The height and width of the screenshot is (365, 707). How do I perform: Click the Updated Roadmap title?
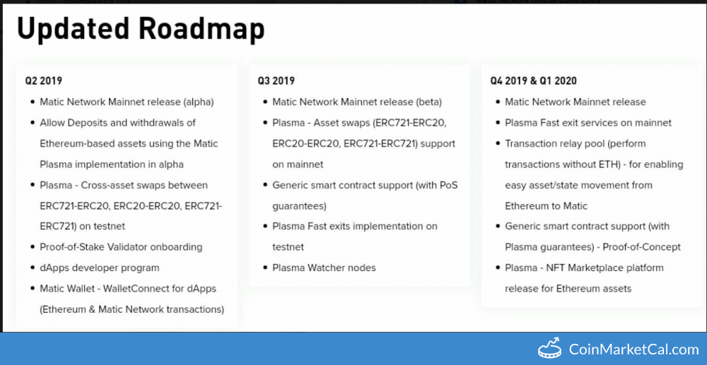point(141,30)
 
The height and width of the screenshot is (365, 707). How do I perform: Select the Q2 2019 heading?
point(44,81)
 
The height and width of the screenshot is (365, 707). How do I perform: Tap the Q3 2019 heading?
point(276,81)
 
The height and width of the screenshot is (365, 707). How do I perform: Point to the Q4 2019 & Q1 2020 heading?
point(533,81)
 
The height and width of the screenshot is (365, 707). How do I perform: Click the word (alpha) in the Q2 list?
point(199,102)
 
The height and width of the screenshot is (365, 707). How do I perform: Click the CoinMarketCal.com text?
point(633,349)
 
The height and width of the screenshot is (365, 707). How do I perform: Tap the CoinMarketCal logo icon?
point(549,348)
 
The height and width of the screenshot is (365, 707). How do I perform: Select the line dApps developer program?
point(100,268)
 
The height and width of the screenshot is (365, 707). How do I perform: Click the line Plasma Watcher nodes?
point(325,268)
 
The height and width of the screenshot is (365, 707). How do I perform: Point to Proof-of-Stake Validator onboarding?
point(121,247)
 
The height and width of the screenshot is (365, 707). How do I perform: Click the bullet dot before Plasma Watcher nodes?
point(265,268)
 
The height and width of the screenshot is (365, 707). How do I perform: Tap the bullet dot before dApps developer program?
point(33,268)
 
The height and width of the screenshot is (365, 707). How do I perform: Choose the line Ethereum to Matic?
point(547,205)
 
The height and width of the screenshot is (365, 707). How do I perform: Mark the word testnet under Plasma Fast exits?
point(288,247)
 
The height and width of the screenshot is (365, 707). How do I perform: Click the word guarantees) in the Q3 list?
point(299,206)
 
